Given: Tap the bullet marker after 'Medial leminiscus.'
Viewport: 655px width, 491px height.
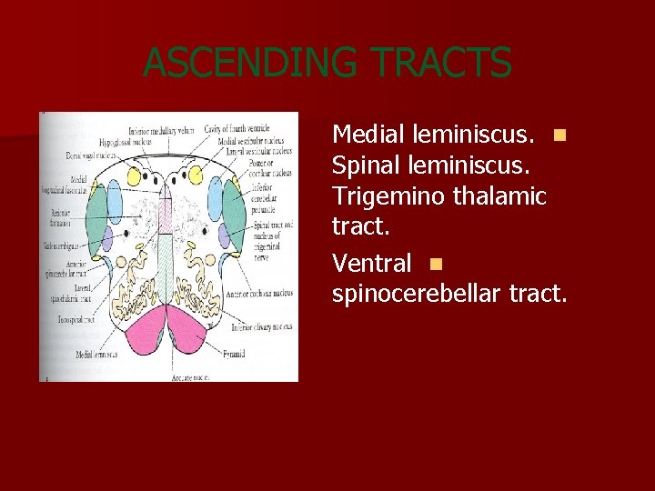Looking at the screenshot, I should pyautogui.click(x=559, y=135).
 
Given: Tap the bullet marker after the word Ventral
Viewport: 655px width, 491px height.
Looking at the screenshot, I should pyautogui.click(x=436, y=265).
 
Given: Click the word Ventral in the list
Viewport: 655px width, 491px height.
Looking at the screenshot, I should pyautogui.click(x=372, y=264).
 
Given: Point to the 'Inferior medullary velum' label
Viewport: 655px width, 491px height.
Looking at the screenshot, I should pyautogui.click(x=162, y=130).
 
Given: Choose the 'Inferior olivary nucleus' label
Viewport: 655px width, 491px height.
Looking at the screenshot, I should pyautogui.click(x=261, y=327).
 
